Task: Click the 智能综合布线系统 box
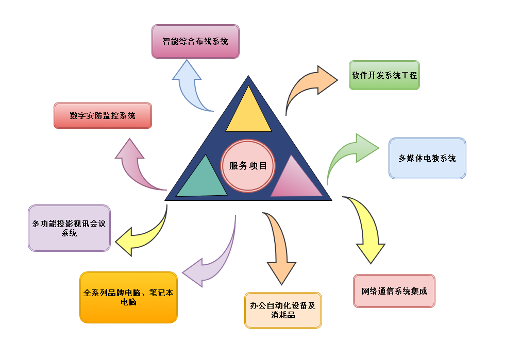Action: point(195,41)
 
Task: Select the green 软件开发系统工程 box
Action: point(384,75)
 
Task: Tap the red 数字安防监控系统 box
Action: point(103,115)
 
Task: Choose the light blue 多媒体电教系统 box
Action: point(427,158)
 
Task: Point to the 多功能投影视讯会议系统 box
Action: point(69,228)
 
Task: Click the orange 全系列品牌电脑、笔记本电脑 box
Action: point(128,297)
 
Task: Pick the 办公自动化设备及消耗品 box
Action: point(283,310)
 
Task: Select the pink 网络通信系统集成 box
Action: point(394,291)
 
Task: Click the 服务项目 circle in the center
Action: point(248,166)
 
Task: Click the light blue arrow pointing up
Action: point(188,85)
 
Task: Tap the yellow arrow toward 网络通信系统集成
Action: point(366,227)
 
